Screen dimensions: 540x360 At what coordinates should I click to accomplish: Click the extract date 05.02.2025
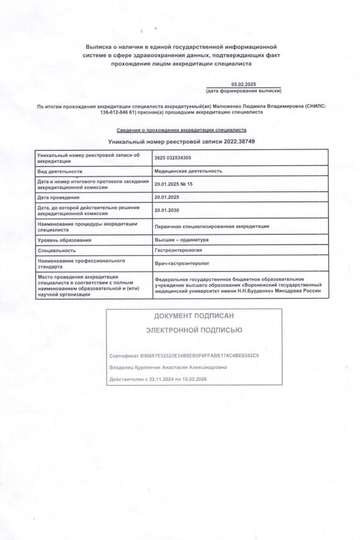243,85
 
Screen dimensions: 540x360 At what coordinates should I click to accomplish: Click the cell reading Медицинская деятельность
188,171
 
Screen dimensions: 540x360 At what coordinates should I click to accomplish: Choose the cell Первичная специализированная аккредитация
212,226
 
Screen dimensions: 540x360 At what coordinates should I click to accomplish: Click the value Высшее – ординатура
181,240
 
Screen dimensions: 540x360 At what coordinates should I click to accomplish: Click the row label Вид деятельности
60,171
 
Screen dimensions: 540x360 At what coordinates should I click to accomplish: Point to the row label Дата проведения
58,197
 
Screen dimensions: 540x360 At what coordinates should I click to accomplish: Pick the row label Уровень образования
64,240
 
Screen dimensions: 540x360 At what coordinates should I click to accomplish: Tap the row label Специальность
56,250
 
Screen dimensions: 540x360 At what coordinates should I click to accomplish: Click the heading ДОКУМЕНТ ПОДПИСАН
194,316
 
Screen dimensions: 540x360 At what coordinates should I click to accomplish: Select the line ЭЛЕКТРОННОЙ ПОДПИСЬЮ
194,330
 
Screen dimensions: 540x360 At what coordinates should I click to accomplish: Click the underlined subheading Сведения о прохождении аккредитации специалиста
181,130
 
